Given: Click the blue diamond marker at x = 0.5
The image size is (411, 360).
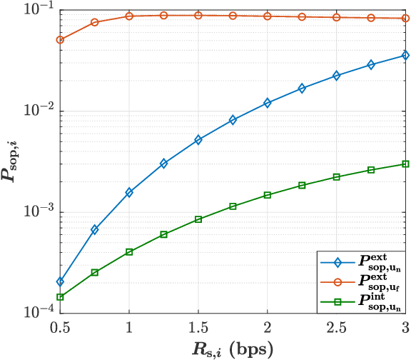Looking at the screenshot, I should pos(60,281).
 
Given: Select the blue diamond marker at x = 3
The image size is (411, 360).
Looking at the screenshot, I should pos(405,55).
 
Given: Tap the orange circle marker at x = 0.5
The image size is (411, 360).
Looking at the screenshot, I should pos(60,40).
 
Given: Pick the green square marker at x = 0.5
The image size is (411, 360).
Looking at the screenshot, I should pos(60,297).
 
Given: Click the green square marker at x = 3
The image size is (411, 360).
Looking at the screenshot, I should pos(405,164).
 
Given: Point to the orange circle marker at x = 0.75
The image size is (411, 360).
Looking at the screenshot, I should pos(95,22).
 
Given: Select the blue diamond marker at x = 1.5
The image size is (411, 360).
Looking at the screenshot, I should pos(198,140).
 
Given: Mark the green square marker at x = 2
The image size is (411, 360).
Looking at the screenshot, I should pos(268,195).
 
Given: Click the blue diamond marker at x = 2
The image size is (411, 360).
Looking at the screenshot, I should pos(268,103).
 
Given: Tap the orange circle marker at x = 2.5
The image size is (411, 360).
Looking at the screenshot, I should pos(337,17).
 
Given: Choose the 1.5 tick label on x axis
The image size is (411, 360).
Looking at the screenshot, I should pos(198,326).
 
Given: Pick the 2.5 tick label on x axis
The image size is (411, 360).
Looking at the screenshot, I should pos(337,326).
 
